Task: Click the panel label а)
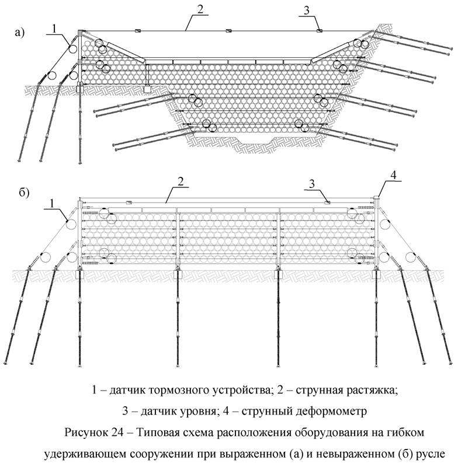[x=20, y=33]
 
